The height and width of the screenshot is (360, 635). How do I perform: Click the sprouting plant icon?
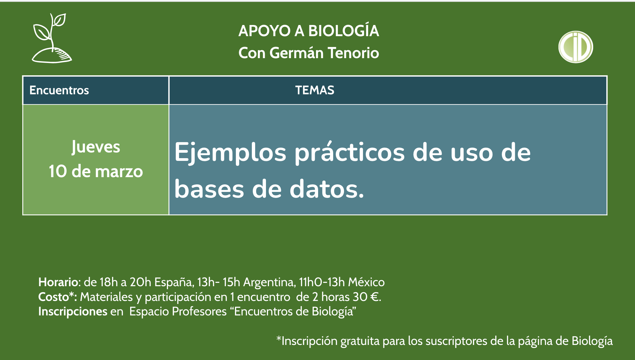(52, 38)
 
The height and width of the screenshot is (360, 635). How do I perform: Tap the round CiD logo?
(576, 47)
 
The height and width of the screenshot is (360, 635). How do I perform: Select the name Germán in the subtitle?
(296, 53)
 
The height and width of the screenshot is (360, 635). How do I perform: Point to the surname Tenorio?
(353, 53)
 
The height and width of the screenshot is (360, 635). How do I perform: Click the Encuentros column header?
(59, 90)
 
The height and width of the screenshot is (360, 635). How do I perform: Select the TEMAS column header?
(314, 90)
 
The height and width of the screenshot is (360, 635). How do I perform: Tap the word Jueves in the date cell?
(96, 147)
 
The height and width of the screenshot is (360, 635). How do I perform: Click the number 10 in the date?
(58, 171)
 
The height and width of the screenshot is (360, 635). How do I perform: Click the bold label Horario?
(58, 282)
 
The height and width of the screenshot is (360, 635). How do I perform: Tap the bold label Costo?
(54, 297)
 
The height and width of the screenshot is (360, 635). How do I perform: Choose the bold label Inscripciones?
(73, 311)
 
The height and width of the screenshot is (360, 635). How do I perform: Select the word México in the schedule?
(366, 282)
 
